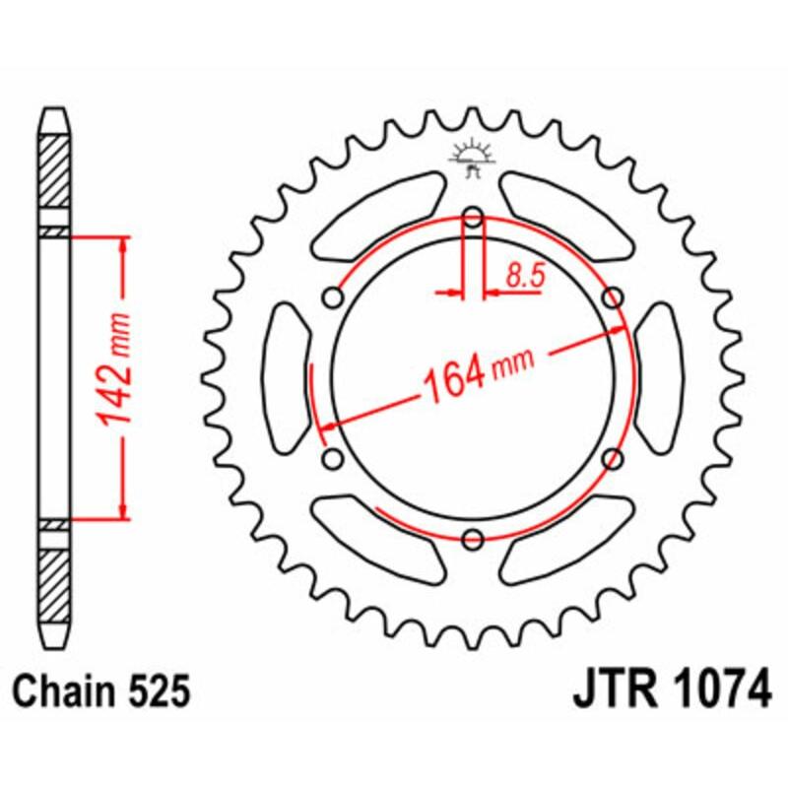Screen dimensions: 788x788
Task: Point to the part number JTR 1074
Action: pos(672,691)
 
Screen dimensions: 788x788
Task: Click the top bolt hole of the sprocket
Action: pos(472,217)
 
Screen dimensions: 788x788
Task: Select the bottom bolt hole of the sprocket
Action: pos(472,538)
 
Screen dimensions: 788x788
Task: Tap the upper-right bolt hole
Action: pos(612,296)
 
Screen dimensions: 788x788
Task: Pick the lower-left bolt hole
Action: pos(332,458)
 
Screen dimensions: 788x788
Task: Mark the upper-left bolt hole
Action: pos(332,296)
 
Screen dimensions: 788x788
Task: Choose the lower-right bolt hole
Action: pos(612,458)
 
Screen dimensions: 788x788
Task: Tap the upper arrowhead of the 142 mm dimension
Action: pos(122,243)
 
